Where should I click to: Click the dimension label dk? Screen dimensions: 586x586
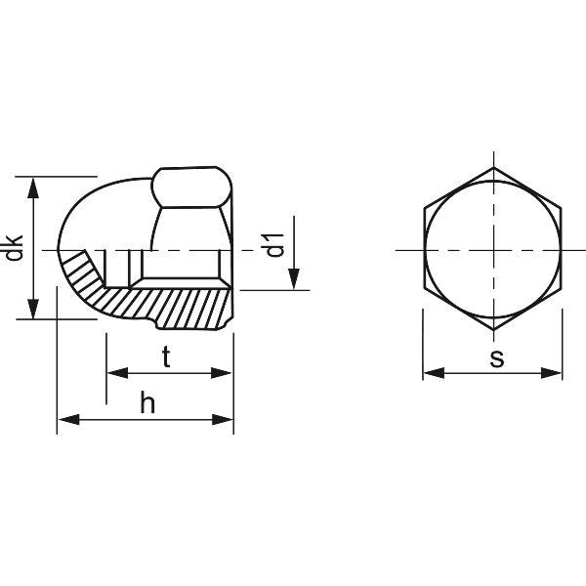point(15,248)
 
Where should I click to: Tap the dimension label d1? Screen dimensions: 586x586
point(274,245)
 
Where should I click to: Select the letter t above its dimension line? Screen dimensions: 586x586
point(166,356)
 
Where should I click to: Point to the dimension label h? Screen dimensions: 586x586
point(147,402)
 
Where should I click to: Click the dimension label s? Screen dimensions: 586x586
point(497,358)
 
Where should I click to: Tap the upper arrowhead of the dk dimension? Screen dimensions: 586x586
point(33,188)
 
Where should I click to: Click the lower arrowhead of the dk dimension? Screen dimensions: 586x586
point(33,308)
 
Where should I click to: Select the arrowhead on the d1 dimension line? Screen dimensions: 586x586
point(294,278)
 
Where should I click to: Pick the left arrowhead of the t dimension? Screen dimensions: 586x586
point(118,373)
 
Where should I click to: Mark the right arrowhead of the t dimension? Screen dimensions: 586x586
point(222,373)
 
